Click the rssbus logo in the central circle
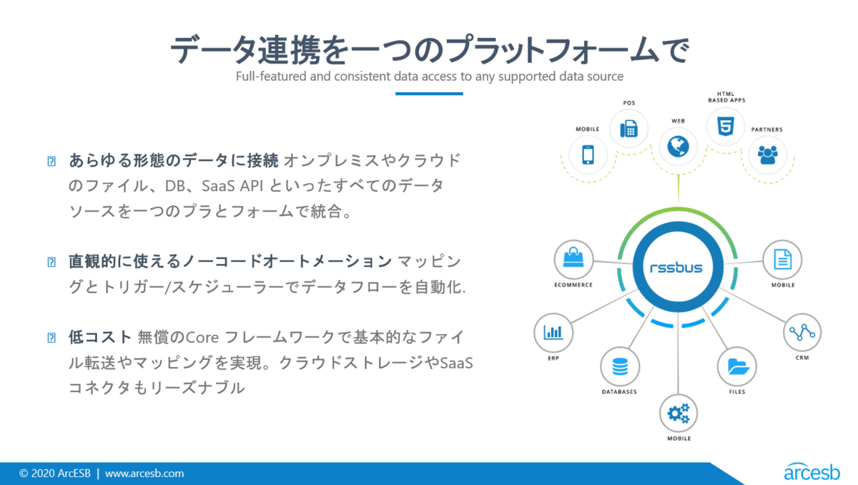[x=676, y=268]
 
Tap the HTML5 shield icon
[x=726, y=127]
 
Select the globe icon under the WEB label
[x=678, y=147]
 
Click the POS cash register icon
[x=629, y=129]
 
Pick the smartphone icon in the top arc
[x=588, y=155]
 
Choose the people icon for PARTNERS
[x=768, y=155]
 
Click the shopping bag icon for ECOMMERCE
[x=573, y=258]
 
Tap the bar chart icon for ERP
[x=553, y=332]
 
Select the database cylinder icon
[x=620, y=367]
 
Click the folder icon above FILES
[x=737, y=367]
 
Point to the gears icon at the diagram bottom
[x=679, y=413]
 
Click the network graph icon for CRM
[x=802, y=332]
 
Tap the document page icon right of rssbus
[x=782, y=260]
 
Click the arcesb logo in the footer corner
[x=812, y=471]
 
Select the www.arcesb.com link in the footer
[x=144, y=474]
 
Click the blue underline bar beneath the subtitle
[x=429, y=94]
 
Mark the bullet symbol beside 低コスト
[x=51, y=338]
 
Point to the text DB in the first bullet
[x=175, y=186]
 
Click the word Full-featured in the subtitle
[x=271, y=77]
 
